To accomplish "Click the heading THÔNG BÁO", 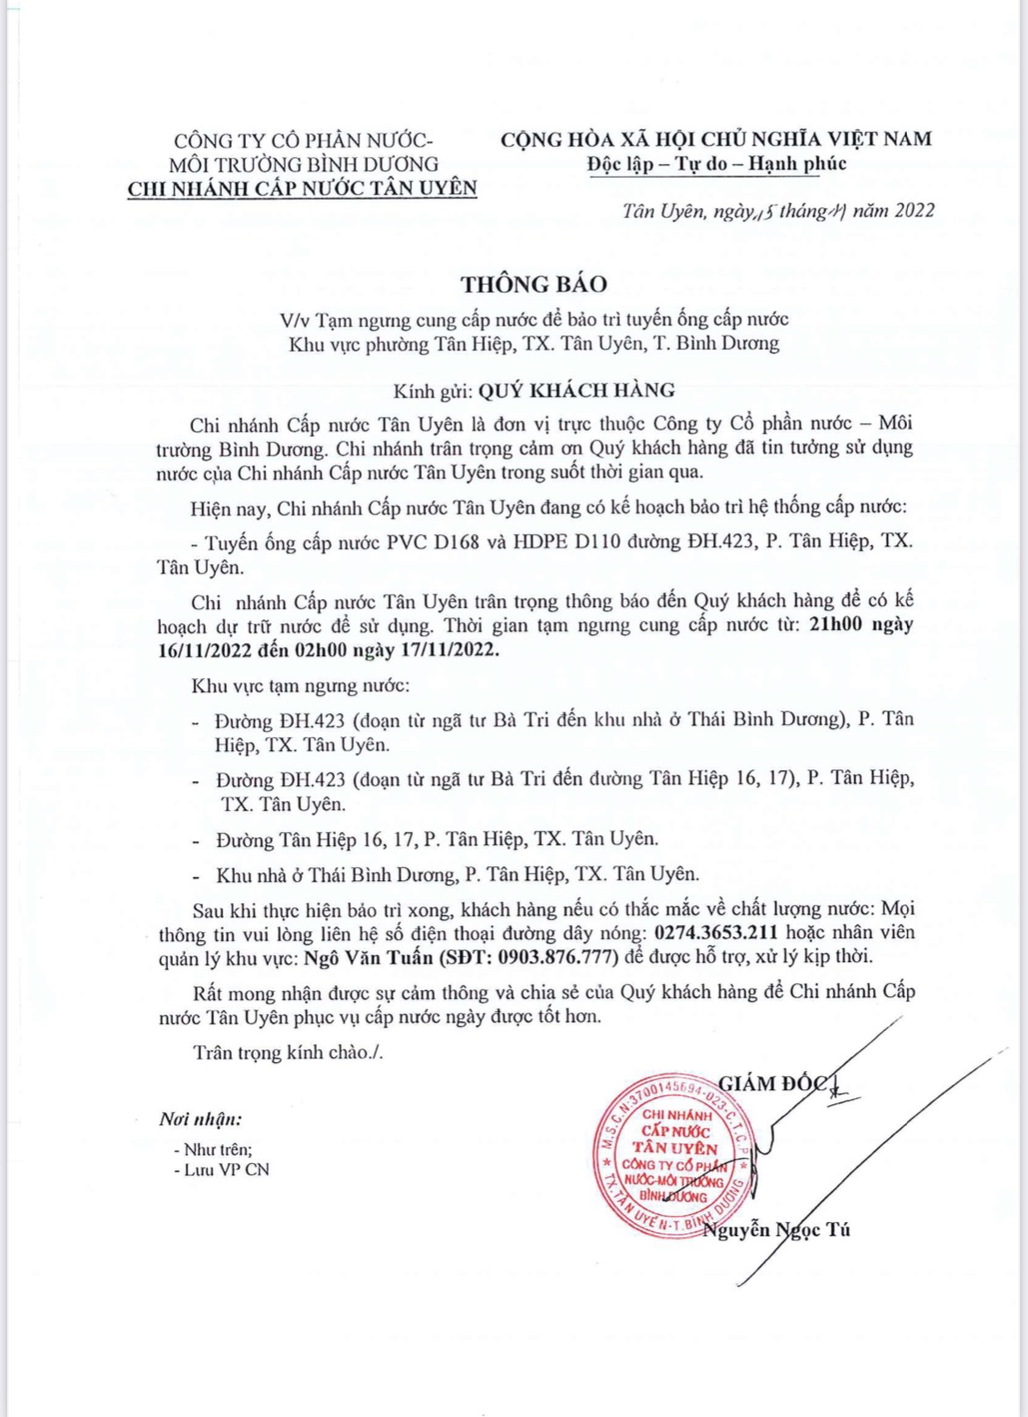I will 534,284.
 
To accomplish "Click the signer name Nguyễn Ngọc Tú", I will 777,1230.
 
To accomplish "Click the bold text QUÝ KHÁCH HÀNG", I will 576,390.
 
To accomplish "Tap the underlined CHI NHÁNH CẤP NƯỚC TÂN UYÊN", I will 302,188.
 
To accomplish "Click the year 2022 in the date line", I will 915,211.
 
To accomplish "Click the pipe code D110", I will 597,541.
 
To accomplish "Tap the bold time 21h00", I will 836,625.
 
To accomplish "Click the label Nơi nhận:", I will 200,1119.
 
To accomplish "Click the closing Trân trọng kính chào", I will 288,1052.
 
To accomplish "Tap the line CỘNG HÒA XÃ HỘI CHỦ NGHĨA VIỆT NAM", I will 716,139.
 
